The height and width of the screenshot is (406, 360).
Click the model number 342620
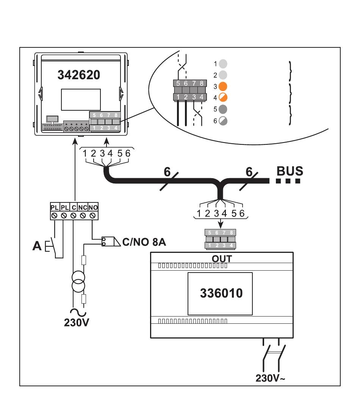click(79, 75)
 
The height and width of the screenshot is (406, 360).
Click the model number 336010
click(221, 293)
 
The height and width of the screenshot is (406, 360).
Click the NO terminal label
click(93, 207)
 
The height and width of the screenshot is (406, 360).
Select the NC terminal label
click(83, 207)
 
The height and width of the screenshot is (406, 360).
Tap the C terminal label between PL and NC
click(74, 207)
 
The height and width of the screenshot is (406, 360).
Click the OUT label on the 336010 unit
click(222, 259)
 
